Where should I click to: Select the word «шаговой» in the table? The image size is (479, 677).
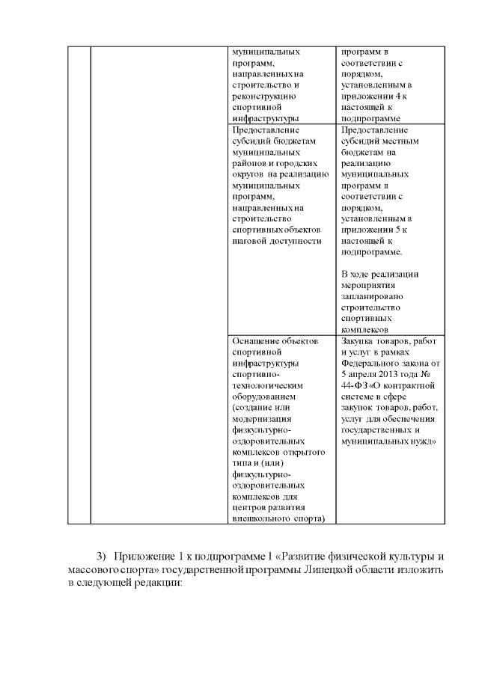pos(249,241)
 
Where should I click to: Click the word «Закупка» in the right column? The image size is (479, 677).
pos(358,340)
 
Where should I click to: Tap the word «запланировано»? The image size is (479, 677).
pos(372,296)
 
